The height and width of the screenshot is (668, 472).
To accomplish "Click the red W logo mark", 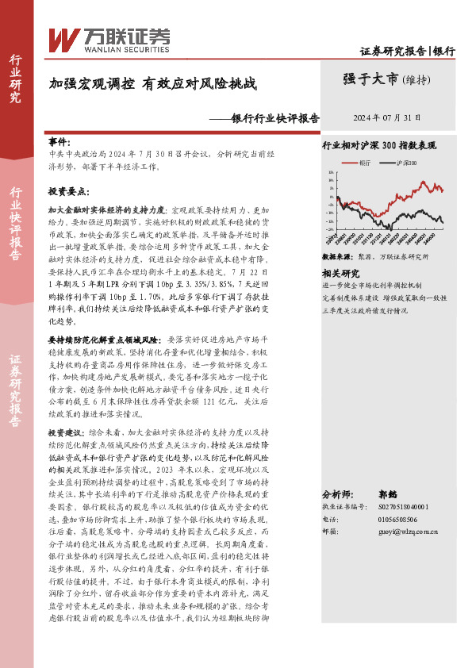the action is tap(63, 38).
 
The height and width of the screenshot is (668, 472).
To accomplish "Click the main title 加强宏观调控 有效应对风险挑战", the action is tap(152, 83).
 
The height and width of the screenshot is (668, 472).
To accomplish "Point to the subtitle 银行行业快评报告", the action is tap(274, 117).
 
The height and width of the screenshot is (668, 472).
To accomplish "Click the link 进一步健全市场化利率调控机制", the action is tap(371, 284).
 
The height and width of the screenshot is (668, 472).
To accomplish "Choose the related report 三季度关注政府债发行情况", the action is tap(365, 311).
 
